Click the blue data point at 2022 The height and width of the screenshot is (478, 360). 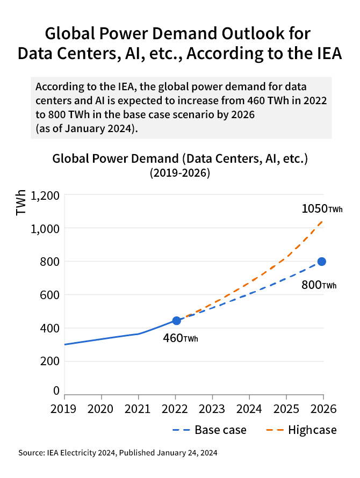coord(176,321)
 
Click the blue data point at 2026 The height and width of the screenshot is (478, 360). coord(322,262)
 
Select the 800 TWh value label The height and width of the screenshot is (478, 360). coord(319,285)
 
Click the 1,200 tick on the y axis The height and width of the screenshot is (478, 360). coord(45,195)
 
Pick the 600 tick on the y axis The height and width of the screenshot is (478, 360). coord(49,295)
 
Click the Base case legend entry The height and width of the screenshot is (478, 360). coord(209,430)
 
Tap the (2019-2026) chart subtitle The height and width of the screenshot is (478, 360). coord(179,173)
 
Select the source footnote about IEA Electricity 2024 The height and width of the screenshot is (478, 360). coord(118,453)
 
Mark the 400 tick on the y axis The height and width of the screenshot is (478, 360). coord(49,328)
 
